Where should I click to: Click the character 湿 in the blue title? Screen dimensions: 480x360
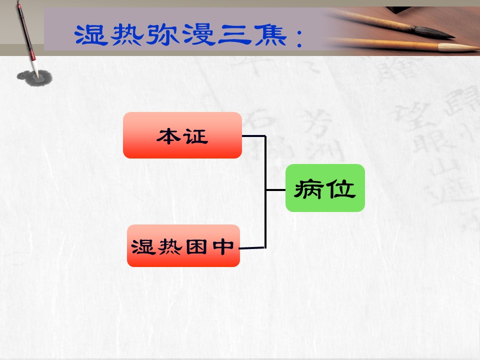click(91, 35)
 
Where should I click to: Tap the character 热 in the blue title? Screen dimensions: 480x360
click(126, 35)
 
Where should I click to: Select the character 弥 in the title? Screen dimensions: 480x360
click(162, 35)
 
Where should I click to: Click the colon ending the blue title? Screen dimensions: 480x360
click(299, 38)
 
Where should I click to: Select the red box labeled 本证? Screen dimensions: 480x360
click(182, 135)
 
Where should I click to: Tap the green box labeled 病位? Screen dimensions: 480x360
click(325, 188)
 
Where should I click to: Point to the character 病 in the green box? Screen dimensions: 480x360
click(308, 189)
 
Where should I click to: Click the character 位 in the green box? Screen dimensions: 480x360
click(340, 188)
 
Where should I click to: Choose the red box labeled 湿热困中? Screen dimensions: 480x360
click(183, 245)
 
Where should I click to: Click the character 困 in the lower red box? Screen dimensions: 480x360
click(196, 246)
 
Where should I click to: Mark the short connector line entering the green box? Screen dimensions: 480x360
click(275, 190)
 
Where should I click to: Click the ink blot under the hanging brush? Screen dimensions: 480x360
click(34, 78)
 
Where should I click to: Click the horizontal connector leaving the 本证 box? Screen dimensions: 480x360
click(254, 135)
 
